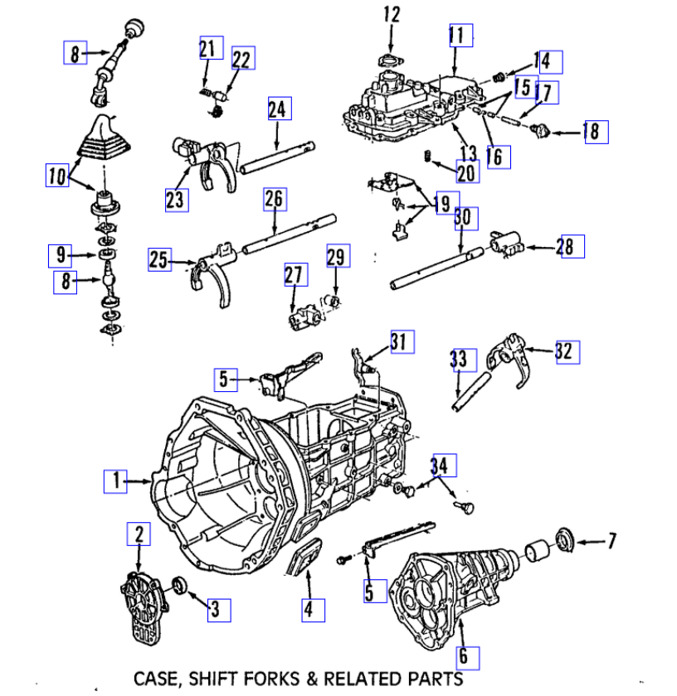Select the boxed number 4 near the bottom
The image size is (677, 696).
(x=308, y=610)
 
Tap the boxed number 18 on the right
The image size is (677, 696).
(x=596, y=132)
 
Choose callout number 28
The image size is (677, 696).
(x=572, y=246)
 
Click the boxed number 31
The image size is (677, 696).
(x=402, y=341)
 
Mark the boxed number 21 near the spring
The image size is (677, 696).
(x=206, y=48)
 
